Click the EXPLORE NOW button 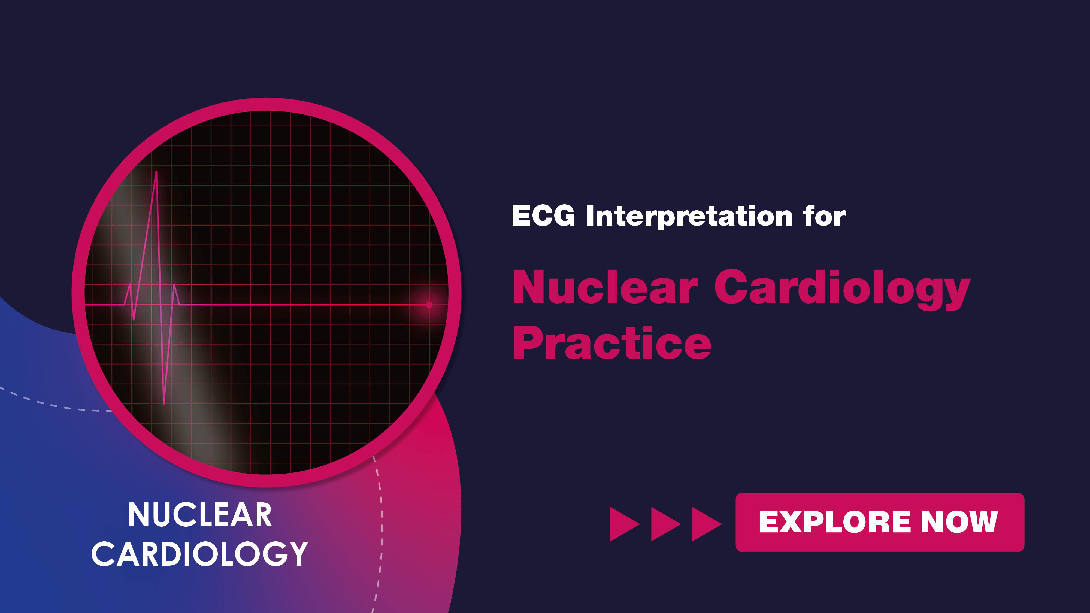tap(880, 522)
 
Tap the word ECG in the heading tap(543, 216)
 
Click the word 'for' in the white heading tap(825, 216)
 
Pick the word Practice tap(612, 343)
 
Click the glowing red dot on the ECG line tap(429, 305)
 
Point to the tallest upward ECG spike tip tap(157, 171)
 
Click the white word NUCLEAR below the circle tap(200, 515)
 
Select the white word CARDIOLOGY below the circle tap(200, 554)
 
